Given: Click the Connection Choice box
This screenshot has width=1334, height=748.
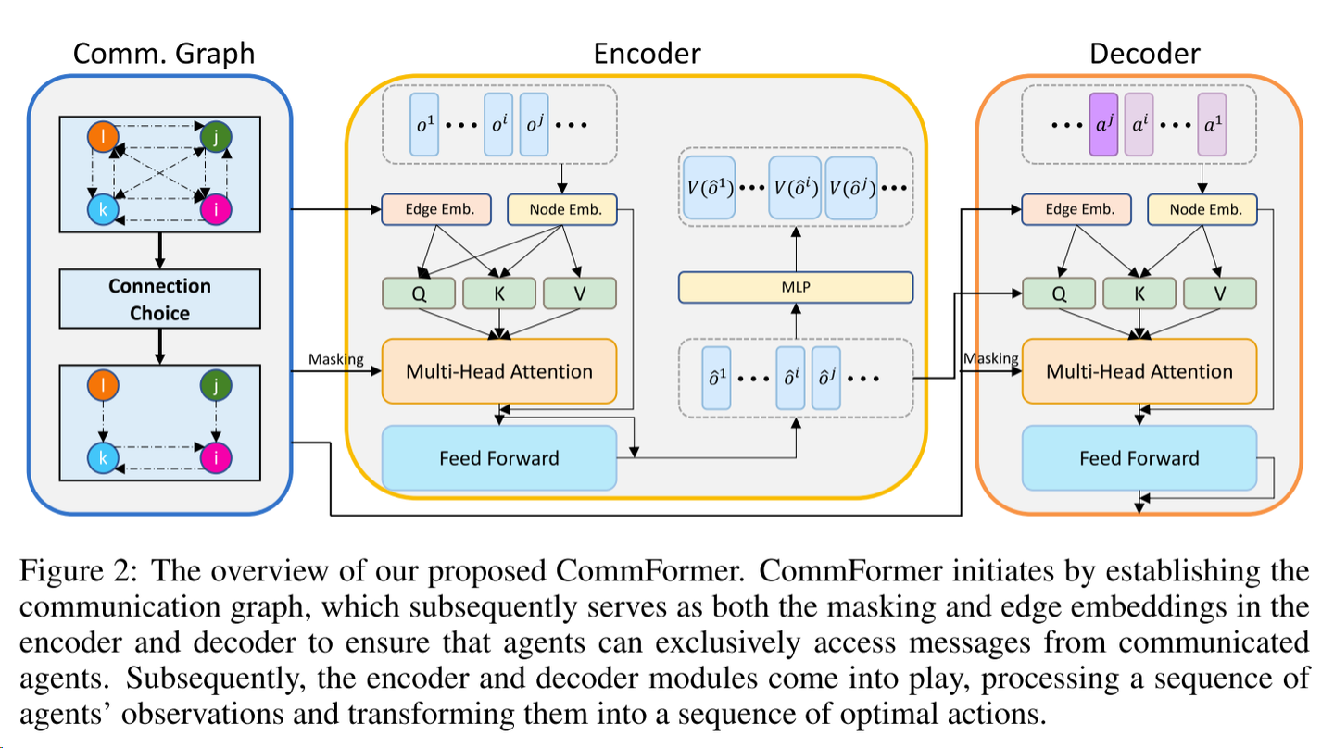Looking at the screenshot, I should pyautogui.click(x=159, y=299).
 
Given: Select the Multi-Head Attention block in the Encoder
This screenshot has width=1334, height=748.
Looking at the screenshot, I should pyautogui.click(x=498, y=371).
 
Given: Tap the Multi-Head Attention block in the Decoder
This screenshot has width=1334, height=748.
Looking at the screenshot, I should pyautogui.click(x=1139, y=371).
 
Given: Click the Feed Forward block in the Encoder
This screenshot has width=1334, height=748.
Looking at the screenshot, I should pyautogui.click(x=498, y=457).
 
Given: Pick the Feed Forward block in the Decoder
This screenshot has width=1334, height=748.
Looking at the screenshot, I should pyautogui.click(x=1139, y=457).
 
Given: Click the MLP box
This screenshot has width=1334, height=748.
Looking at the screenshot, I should pyautogui.click(x=795, y=287).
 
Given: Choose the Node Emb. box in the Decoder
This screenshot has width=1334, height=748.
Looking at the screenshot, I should pyautogui.click(x=1202, y=210).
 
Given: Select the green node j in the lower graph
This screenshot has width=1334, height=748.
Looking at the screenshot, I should pyautogui.click(x=215, y=383).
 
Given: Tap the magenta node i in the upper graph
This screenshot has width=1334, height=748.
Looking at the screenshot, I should pyautogui.click(x=215, y=209).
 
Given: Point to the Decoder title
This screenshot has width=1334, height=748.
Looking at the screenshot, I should pyautogui.click(x=1144, y=54).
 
